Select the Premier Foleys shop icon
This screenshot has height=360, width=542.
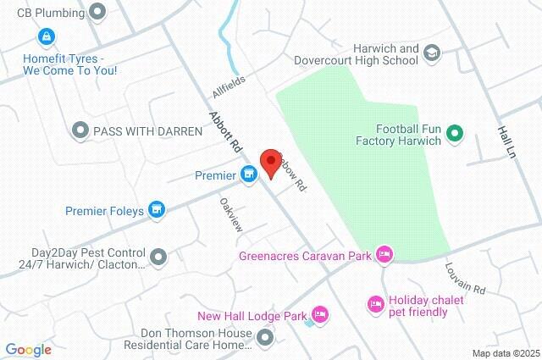[156, 209]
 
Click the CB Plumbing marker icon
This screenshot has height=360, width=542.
[97, 12]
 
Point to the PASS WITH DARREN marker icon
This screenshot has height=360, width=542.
[80, 130]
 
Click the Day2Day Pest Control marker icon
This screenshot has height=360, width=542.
[158, 256]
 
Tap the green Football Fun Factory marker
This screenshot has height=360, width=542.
[454, 132]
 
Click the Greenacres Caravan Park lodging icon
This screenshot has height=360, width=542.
[384, 253]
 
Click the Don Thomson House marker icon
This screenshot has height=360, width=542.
[265, 339]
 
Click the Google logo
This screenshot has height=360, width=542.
[28, 349]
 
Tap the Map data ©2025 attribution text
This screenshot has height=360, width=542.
[505, 353]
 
